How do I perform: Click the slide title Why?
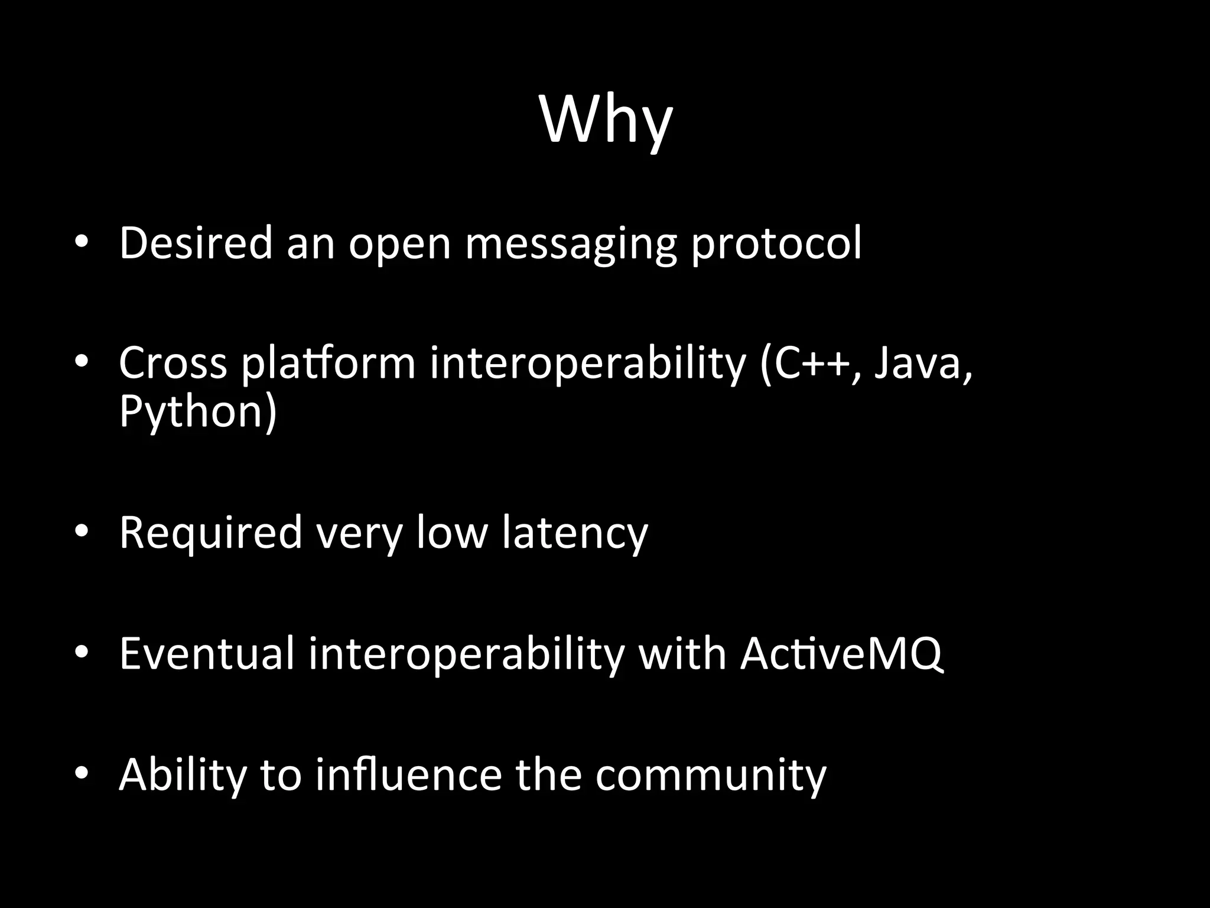(x=606, y=121)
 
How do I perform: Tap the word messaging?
(x=571, y=244)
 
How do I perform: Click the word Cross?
(x=173, y=362)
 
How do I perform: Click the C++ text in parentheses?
(x=812, y=362)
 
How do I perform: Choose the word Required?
(x=211, y=533)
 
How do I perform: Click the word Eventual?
(x=206, y=654)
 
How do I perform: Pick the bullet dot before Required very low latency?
(x=82, y=531)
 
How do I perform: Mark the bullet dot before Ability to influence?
(x=82, y=773)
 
